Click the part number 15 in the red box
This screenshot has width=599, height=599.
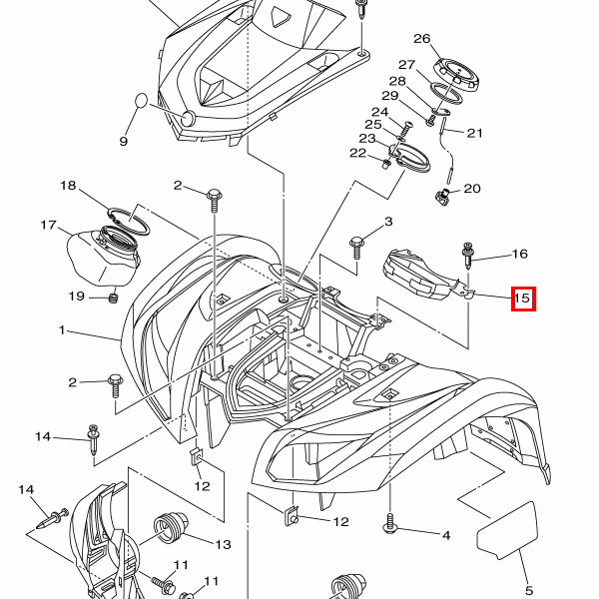(x=522, y=298)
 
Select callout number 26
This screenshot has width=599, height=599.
(x=421, y=40)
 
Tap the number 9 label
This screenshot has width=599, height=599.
(x=124, y=141)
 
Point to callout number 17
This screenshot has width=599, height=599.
(x=49, y=225)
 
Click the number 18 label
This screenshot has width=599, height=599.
(x=68, y=186)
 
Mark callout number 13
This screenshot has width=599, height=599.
(x=222, y=544)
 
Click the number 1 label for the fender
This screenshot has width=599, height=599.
(x=61, y=329)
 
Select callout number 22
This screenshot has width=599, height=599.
(x=357, y=153)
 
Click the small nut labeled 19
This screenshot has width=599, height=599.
(x=113, y=297)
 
